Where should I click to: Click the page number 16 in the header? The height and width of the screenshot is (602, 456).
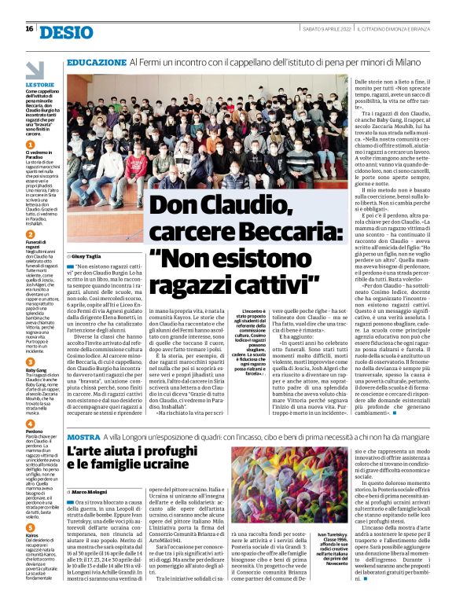(29, 29)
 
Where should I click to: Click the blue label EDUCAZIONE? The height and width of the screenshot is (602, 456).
(96, 61)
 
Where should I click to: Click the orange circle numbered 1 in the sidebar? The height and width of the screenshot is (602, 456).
(30, 145)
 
